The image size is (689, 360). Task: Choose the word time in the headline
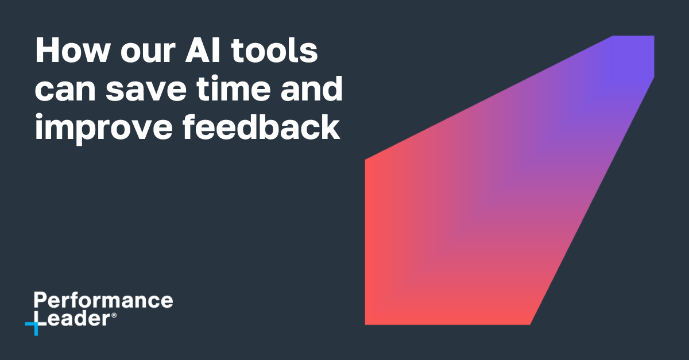pyautogui.click(x=227, y=90)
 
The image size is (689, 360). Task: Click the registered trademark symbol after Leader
pyautogui.click(x=114, y=316)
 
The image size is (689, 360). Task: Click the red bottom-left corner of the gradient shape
pyautogui.click(x=369, y=320)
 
